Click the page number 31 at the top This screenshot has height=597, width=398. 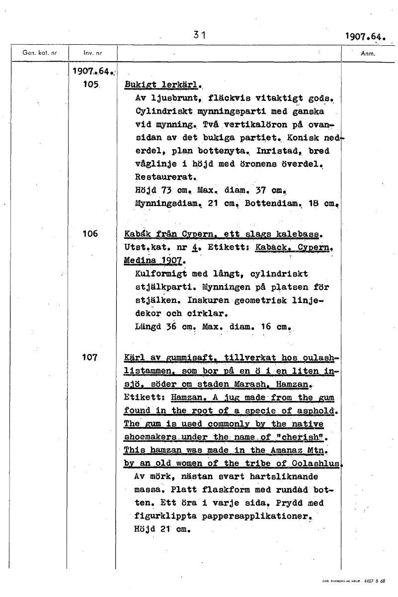point(200,35)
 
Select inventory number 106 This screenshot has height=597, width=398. point(91,234)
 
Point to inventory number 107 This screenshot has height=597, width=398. point(91,357)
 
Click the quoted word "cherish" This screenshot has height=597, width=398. point(304,437)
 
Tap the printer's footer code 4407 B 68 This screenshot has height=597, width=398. point(375,581)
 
